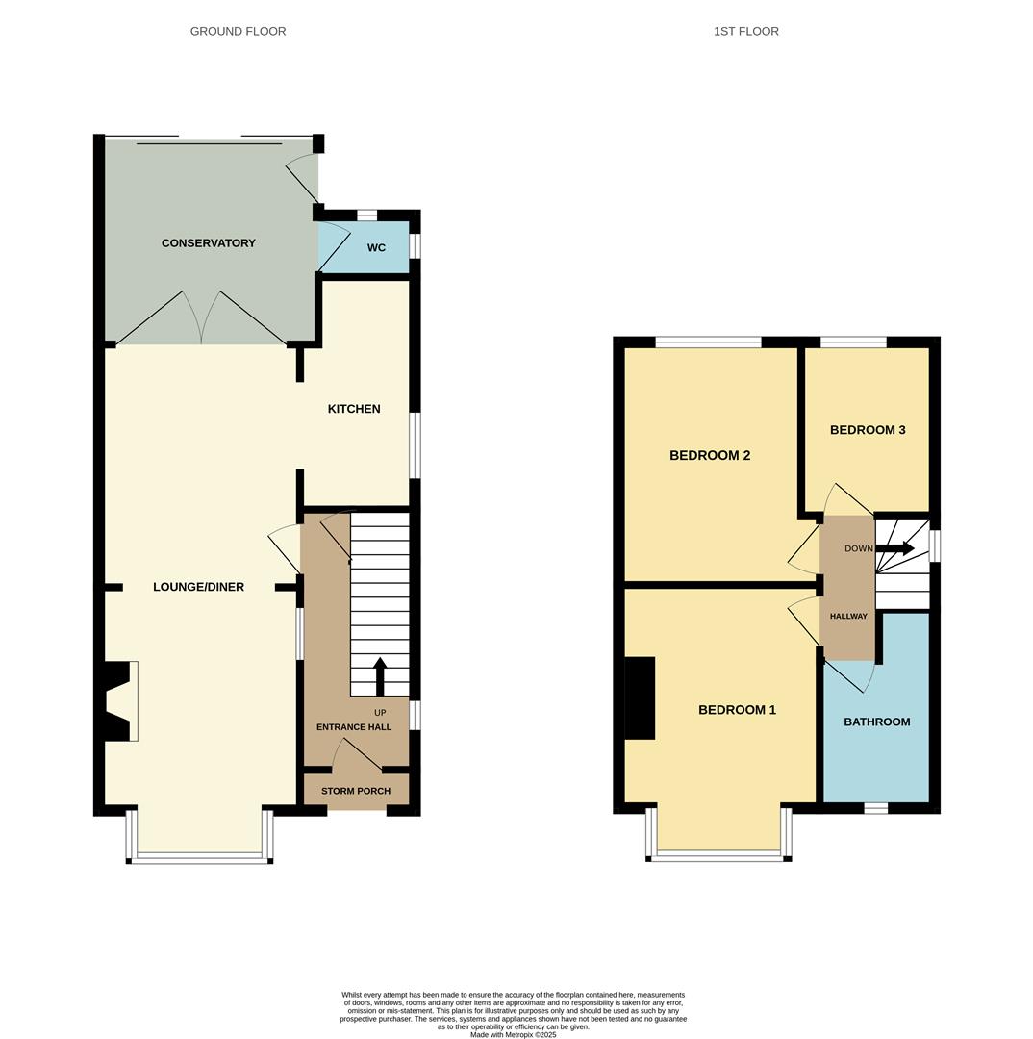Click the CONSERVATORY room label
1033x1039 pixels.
pyautogui.click(x=208, y=243)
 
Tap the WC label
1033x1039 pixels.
pyautogui.click(x=376, y=248)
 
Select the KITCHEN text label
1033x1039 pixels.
pyautogui.click(x=354, y=409)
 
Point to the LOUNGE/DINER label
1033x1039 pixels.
pyautogui.click(x=198, y=587)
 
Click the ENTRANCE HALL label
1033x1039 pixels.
pyautogui.click(x=354, y=727)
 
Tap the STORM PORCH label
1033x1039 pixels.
pyautogui.click(x=356, y=791)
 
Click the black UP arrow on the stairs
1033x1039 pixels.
pyautogui.click(x=380, y=676)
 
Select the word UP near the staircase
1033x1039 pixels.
pyautogui.click(x=380, y=713)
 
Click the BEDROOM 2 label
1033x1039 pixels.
pyautogui.click(x=710, y=455)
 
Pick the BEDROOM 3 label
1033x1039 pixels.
pyautogui.click(x=868, y=430)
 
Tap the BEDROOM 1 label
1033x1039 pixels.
pyautogui.click(x=737, y=710)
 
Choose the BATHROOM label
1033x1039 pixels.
pyautogui.click(x=876, y=722)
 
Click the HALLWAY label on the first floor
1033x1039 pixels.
pyautogui.click(x=848, y=617)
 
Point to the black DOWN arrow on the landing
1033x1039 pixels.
pyautogui.click(x=894, y=548)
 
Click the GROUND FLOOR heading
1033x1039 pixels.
pyautogui.click(x=238, y=31)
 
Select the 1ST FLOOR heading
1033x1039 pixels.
pyautogui.click(x=746, y=31)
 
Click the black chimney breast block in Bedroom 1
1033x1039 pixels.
pyautogui.click(x=640, y=697)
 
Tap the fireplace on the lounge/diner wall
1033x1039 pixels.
pyautogui.click(x=121, y=701)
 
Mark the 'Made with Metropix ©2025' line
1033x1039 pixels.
pyautogui.click(x=514, y=1034)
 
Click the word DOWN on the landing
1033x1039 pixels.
pyautogui.click(x=859, y=548)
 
